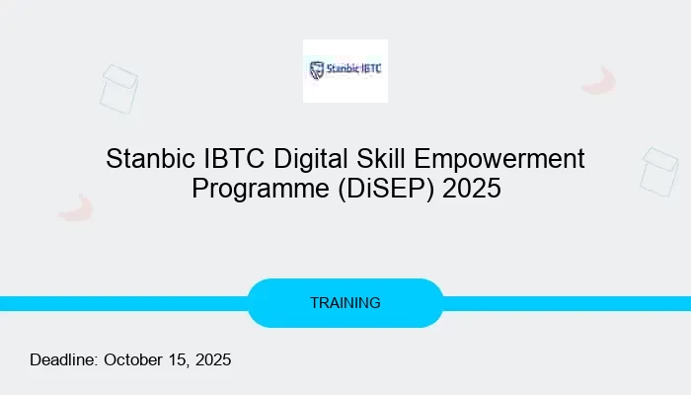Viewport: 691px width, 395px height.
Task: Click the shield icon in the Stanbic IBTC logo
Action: (x=317, y=70)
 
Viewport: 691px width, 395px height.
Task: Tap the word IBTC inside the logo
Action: (x=370, y=70)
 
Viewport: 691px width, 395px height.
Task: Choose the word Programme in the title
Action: (x=254, y=188)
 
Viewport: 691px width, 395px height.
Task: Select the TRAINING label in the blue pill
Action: (x=345, y=303)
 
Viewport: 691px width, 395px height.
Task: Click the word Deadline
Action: (x=63, y=359)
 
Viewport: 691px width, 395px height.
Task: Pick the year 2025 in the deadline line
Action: (x=212, y=359)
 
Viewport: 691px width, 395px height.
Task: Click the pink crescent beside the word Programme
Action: (x=75, y=206)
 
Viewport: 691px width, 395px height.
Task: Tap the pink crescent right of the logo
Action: (x=598, y=80)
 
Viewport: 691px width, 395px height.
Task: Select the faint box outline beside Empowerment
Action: (x=658, y=172)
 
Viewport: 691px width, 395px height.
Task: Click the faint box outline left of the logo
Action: (x=118, y=88)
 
